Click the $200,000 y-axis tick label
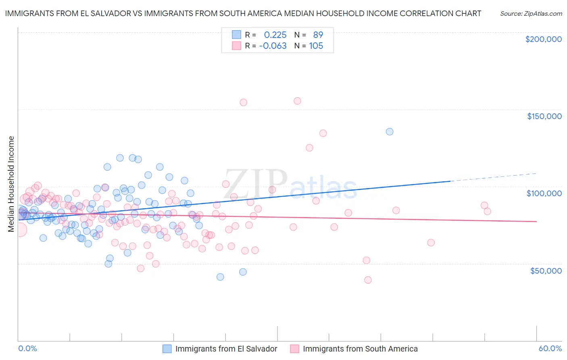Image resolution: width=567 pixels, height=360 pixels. pos(543,39)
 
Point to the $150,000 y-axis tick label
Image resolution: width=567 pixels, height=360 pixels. pos(544,116)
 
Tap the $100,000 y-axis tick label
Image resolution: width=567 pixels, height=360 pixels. pos(544,193)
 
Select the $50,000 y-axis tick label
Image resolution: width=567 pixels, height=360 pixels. pos(546,270)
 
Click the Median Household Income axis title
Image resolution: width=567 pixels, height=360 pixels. pos(11,184)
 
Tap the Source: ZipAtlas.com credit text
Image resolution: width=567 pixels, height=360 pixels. pos(531,13)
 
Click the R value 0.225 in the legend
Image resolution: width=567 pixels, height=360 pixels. pos(275,35)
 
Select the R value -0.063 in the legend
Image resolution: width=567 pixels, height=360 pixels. pos(273,46)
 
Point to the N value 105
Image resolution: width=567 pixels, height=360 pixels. pos(316,46)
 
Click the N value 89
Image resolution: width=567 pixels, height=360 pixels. pos(318,35)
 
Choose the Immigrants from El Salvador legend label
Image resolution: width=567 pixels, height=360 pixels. pos(226,349)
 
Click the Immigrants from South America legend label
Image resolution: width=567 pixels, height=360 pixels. pos(360,349)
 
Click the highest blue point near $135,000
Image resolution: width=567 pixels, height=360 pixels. pos(390,132)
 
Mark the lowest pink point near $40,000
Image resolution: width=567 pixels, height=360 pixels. pos(368,280)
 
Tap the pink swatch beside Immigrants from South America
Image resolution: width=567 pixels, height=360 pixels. pos(295,349)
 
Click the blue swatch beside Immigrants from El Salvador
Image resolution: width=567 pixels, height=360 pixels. pos(167,349)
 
